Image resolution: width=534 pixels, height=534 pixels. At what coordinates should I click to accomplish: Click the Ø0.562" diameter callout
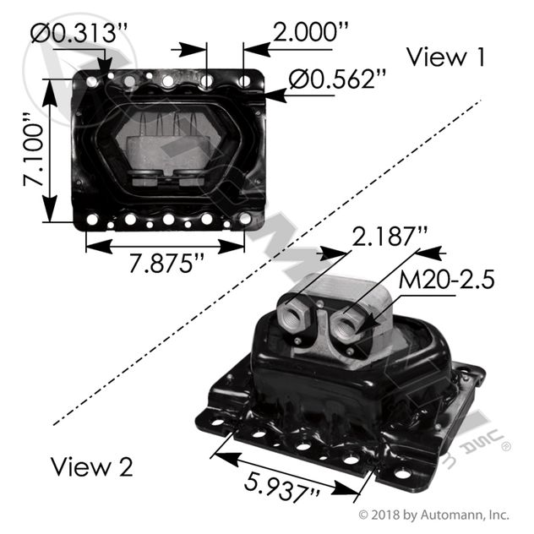tap(337, 79)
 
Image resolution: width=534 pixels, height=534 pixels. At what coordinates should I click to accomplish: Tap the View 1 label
tap(446, 57)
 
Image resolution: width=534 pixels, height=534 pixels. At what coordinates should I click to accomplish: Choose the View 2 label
tap(91, 466)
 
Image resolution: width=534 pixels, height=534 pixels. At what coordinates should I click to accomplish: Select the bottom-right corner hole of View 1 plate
tap(245, 219)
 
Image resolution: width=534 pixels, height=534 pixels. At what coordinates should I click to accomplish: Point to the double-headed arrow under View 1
tap(166, 246)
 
